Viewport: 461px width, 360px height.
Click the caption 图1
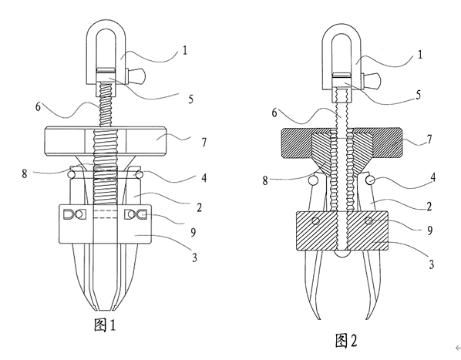tap(105, 325)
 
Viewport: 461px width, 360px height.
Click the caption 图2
tap(346, 341)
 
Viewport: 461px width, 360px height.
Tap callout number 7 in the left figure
tap(204, 143)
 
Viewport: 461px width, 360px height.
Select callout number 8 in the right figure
tap(265, 180)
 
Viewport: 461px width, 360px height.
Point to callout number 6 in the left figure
tap(38, 106)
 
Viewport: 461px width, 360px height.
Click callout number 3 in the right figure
tap(431, 264)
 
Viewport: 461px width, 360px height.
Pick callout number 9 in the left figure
tap(193, 232)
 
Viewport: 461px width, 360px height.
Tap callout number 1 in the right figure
tap(420, 55)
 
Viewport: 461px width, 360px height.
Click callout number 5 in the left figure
tap(191, 99)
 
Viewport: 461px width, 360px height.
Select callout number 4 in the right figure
tap(432, 177)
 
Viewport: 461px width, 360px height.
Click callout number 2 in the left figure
tap(200, 208)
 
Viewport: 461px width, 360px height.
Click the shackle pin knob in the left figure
tap(136, 76)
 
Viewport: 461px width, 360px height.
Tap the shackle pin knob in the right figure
tap(372, 79)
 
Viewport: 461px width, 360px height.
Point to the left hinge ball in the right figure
tap(314, 180)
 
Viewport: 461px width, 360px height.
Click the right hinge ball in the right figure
tap(370, 180)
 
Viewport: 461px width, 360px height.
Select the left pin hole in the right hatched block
tap(315, 220)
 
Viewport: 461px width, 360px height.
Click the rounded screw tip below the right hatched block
tap(342, 254)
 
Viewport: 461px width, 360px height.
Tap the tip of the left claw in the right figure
tap(319, 319)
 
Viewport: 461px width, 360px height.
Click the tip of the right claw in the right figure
tap(366, 319)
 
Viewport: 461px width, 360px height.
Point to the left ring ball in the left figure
tap(72, 174)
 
